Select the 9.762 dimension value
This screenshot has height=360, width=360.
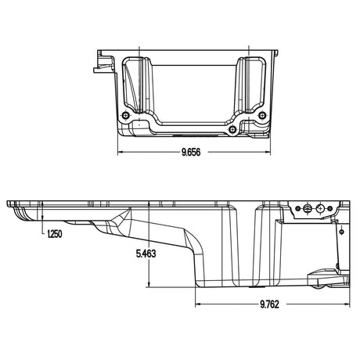271,305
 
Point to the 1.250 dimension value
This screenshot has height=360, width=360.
55,234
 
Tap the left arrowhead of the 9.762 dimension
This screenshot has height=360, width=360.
196,303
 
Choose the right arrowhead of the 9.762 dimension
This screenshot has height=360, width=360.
345,303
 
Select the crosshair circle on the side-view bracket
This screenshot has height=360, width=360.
322,208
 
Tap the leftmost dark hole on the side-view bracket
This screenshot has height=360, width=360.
297,208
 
